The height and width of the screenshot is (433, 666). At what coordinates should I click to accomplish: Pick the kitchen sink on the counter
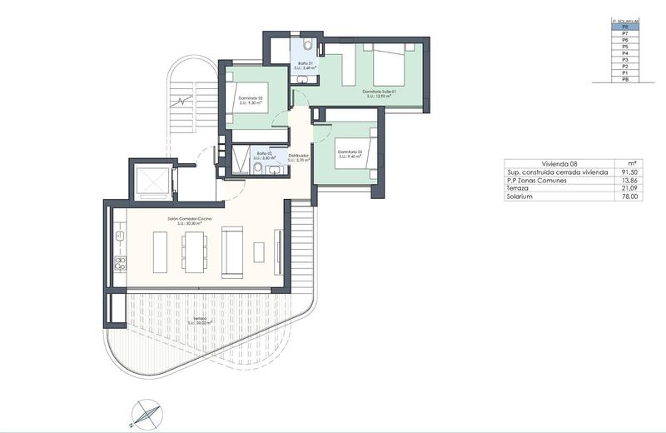120,236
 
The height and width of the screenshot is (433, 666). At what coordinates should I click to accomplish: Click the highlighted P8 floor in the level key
624,27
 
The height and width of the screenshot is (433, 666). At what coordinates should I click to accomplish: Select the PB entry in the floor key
624,80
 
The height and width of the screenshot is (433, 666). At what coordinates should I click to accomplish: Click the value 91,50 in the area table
631,172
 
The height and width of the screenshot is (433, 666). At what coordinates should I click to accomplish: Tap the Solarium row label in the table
520,197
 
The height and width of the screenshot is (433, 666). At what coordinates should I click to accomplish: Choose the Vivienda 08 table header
559,164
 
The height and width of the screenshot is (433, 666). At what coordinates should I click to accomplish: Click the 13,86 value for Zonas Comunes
631,181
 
